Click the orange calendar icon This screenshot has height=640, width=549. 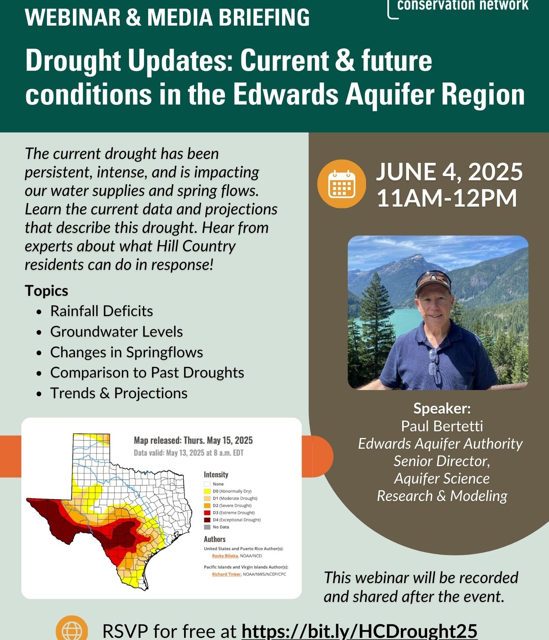pos(341,183)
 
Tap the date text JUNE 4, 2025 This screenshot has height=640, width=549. pos(450,172)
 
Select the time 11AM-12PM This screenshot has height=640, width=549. pos(447,198)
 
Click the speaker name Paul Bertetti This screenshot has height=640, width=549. pos(442,426)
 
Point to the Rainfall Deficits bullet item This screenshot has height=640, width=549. pos(102,311)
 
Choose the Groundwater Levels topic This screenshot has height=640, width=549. pos(117,332)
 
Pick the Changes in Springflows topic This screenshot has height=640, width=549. pos(127,352)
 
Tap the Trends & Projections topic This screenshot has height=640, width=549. pos(119,393)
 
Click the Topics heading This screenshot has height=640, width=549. pos(47,291)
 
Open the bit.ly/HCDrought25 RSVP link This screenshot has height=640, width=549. pos(359,631)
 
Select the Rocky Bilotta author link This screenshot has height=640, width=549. pos(225,556)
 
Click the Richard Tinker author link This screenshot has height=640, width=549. pos(226,574)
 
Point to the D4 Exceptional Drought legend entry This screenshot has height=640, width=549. pos(232,520)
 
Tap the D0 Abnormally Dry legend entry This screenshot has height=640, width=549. pos(228,491)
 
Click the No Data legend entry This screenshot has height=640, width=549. pos(216,527)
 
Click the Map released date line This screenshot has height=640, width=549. pos(193,441)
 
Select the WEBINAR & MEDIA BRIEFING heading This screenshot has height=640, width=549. pos(167,17)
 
